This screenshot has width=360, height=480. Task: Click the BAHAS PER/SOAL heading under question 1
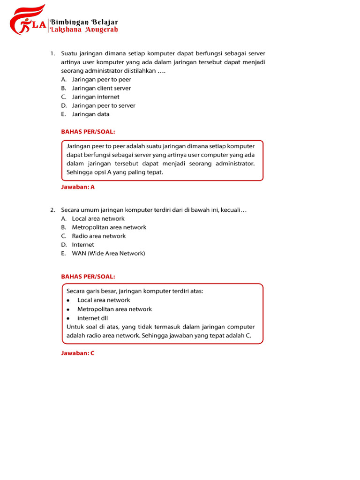[88, 132]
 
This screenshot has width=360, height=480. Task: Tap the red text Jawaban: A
[78, 187]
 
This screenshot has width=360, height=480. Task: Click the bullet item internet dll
[92, 318]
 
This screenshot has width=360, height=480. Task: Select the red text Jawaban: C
[78, 353]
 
